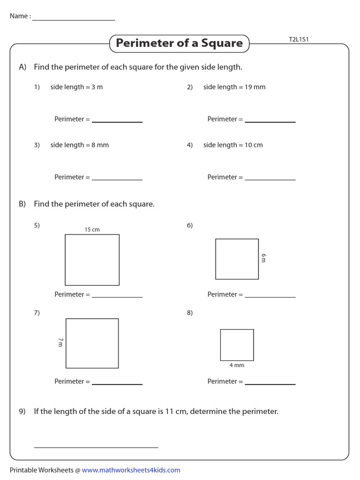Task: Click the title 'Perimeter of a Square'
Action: [x=179, y=43]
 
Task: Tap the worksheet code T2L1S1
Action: [x=299, y=40]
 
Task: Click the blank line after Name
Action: [x=74, y=19]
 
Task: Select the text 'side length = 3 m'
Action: [x=76, y=87]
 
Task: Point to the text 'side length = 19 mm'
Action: [x=234, y=87]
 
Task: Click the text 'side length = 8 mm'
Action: [x=79, y=145]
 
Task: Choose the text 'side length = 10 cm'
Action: [x=233, y=145]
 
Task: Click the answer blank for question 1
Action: [x=117, y=121]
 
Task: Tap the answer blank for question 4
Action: [x=270, y=179]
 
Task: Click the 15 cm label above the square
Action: [x=92, y=230]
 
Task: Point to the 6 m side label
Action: [x=263, y=258]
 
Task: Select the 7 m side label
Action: [x=60, y=343]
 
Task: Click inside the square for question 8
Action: [x=237, y=345]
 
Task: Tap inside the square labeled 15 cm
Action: [x=92, y=260]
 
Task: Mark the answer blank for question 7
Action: [x=117, y=383]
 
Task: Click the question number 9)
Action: [x=22, y=412]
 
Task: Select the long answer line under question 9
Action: [x=96, y=447]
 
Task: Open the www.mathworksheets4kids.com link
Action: [x=131, y=470]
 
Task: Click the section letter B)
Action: [x=22, y=204]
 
